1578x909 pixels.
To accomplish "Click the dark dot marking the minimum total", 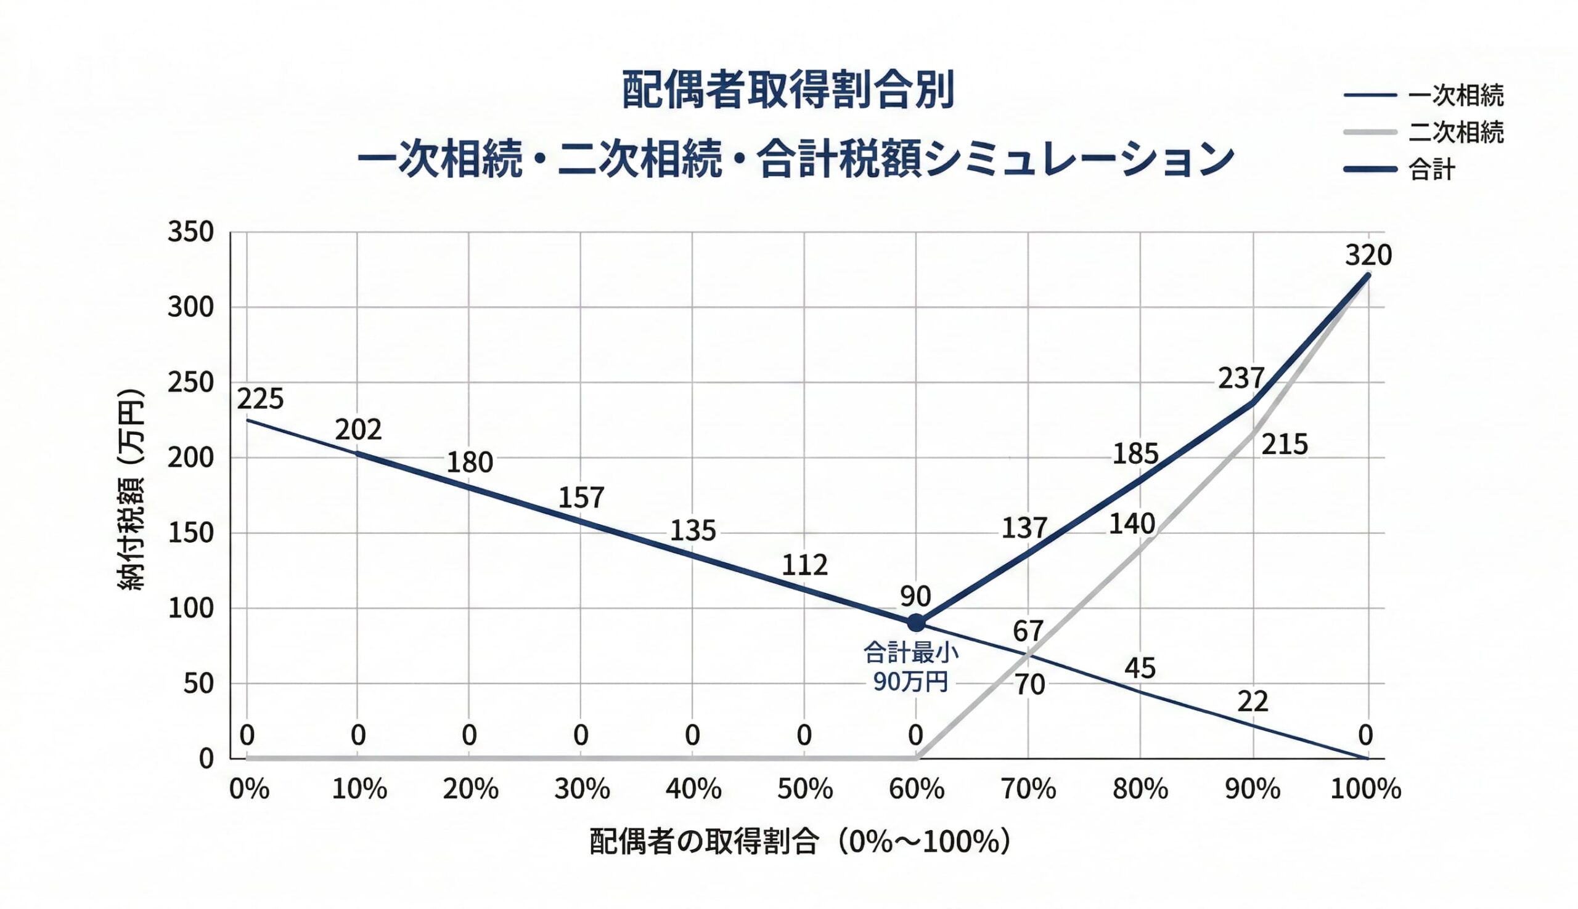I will [916, 623].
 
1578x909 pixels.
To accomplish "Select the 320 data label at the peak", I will [1368, 256].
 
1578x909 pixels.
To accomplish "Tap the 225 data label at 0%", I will [260, 398].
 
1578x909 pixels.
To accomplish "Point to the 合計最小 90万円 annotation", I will [911, 668].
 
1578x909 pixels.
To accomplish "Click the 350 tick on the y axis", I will [190, 232].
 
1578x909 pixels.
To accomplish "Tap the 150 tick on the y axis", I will [190, 533].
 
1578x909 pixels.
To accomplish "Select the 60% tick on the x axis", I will [916, 790].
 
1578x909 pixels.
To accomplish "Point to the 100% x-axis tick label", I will [1365, 790].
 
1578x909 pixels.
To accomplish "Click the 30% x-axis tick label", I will [582, 790].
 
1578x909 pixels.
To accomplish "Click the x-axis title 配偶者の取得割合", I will [799, 842].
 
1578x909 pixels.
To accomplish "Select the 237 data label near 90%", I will [1241, 378].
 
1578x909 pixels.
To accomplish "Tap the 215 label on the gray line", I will [1285, 445].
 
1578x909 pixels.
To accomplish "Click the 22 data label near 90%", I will [1253, 701].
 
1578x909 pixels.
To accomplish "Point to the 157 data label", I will [581, 498].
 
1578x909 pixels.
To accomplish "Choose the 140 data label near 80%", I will [1131, 524].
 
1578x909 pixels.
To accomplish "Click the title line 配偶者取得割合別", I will [788, 91].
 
